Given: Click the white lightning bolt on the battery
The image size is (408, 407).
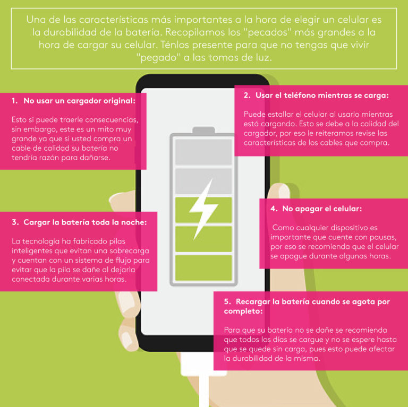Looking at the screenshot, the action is click(203, 209).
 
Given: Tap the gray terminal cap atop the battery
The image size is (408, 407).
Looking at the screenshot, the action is click(203, 130).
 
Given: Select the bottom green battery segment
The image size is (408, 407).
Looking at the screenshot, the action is click(203, 267).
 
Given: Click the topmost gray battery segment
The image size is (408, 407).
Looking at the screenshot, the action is click(203, 152).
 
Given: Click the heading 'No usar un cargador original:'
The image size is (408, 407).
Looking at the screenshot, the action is click(80, 101).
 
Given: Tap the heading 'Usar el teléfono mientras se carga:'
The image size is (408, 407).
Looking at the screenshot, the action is click(322, 96).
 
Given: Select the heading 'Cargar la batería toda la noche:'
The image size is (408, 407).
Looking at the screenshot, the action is click(85, 222).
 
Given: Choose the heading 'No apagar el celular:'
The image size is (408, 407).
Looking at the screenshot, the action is click(322, 209).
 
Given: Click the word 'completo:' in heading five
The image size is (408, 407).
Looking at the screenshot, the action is click(243, 311).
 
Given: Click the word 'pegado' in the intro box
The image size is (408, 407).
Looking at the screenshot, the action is click(158, 57).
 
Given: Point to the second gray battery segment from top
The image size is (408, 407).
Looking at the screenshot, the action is click(203, 181).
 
